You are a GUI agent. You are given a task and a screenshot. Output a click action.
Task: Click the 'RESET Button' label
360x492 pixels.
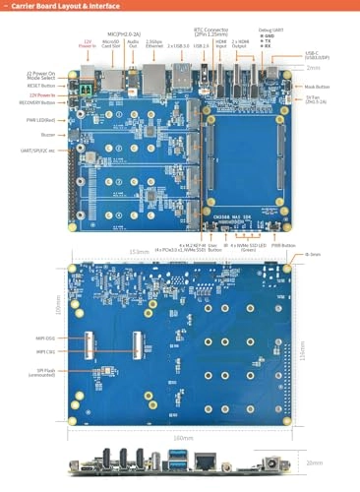click(42, 85)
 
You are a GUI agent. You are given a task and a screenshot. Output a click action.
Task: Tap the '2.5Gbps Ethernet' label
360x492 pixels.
click(153, 44)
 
